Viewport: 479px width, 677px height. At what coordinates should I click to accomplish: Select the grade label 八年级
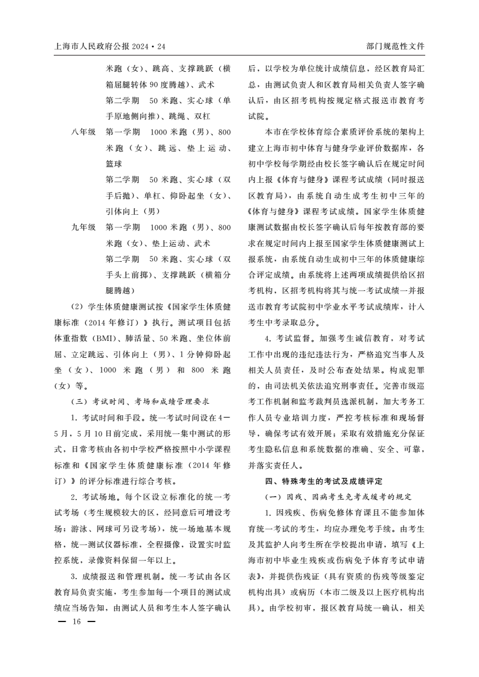click(83, 131)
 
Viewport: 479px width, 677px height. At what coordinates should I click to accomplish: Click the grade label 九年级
click(83, 227)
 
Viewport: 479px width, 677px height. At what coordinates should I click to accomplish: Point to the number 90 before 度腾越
click(155, 83)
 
